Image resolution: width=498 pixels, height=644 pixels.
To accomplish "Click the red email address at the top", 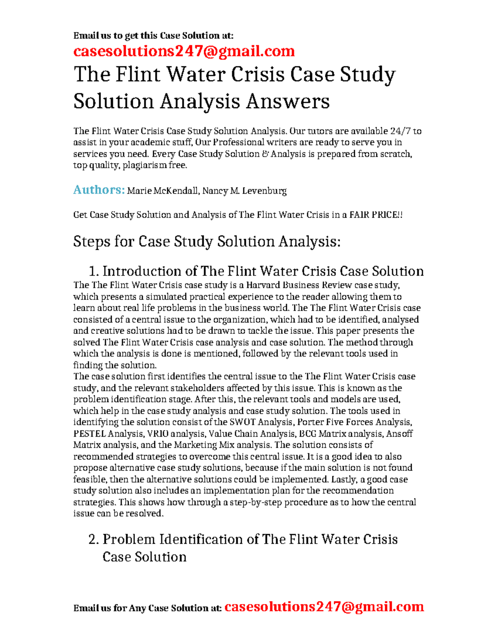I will tap(184, 51).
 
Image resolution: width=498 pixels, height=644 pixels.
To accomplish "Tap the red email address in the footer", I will tap(324, 607).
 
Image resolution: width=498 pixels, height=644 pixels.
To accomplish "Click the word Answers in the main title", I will tap(288, 102).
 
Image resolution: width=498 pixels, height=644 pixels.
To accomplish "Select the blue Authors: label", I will tap(99, 190).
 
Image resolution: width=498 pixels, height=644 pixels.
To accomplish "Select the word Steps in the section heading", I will tap(91, 242).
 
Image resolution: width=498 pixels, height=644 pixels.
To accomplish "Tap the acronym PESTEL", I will tap(90, 434).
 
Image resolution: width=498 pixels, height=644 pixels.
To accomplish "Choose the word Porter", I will tap(310, 422).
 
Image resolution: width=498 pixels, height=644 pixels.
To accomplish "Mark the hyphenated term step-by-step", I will tap(256, 502).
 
